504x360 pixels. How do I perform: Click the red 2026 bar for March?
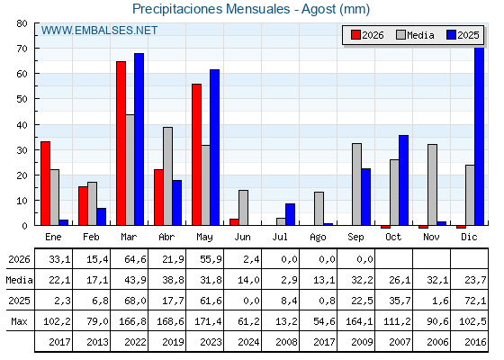click(121, 143)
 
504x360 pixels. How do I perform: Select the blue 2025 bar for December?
click(479, 136)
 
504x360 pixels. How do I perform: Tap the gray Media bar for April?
click(167, 176)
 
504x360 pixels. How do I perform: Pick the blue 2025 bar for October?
click(404, 180)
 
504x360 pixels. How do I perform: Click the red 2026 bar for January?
click(45, 184)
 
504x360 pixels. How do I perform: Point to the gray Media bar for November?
click(432, 184)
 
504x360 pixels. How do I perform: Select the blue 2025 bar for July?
click(290, 214)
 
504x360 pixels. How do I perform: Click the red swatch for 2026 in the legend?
click(355, 35)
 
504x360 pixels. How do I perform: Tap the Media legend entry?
click(415, 35)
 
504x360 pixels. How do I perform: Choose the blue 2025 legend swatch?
click(451, 35)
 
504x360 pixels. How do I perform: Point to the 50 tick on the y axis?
click(22, 99)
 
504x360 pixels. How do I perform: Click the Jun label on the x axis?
click(242, 238)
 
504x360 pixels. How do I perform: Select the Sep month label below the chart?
click(355, 238)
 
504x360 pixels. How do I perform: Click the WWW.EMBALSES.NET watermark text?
click(99, 31)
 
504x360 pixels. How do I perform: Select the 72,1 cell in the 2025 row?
click(475, 301)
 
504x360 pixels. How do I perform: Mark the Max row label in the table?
click(19, 321)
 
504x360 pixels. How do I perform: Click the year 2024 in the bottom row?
click(248, 342)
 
